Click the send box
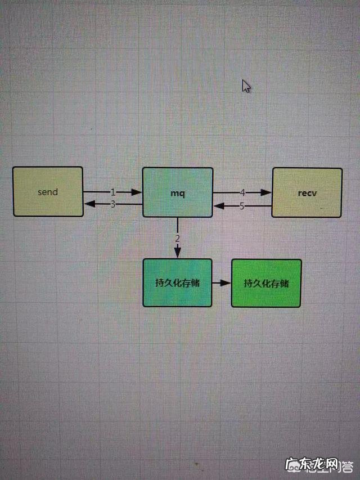(48, 191)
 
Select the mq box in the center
(178, 192)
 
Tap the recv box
(307, 192)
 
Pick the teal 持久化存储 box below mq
(177, 282)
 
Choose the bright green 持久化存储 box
(266, 283)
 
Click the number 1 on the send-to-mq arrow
(112, 192)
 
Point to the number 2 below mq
(177, 238)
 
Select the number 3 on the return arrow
(112, 204)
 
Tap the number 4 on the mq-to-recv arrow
(242, 192)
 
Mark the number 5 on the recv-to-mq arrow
(242, 206)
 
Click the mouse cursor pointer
(246, 86)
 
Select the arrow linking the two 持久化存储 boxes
(222, 282)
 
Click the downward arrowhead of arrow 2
(177, 254)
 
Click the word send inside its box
(48, 191)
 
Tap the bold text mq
(178, 193)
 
